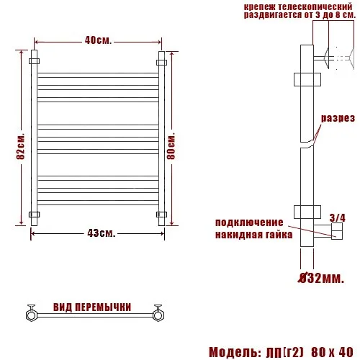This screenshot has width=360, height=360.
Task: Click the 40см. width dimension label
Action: coord(99,40)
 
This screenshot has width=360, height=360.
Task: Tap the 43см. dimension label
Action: coord(102,233)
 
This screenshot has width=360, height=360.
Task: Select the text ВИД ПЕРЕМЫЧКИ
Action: coord(92,307)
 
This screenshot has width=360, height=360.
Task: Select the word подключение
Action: coord(249,223)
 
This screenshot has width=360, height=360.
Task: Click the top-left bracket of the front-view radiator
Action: coord(33,63)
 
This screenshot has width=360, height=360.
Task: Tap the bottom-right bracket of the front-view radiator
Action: coord(162,214)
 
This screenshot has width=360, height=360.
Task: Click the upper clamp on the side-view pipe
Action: coord(306,78)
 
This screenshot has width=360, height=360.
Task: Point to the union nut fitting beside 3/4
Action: coord(335,231)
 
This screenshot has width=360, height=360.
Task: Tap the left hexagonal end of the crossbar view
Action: coord(32,313)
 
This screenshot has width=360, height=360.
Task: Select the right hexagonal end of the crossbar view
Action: coord(158,313)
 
